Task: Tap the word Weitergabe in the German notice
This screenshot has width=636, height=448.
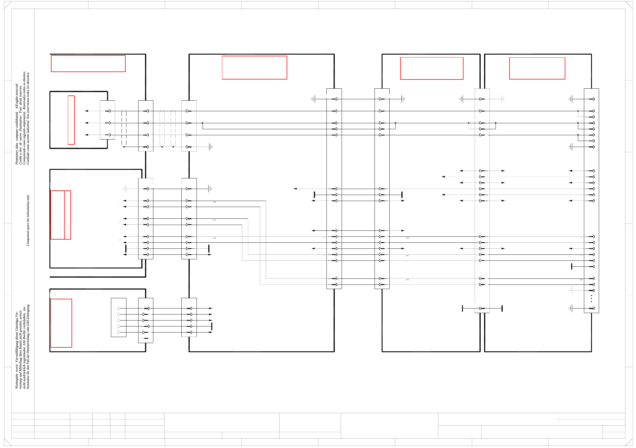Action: (17, 382)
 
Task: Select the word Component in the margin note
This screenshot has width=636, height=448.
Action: (28, 239)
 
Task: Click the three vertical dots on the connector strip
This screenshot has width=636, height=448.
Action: (591, 299)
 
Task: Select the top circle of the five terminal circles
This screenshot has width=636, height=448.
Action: (119, 308)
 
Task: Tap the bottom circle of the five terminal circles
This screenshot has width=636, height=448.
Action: (119, 332)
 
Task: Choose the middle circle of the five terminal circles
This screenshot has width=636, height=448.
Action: (119, 320)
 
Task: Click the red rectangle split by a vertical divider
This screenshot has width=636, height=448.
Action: (61, 215)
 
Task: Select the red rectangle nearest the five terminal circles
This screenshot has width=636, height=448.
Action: (61, 323)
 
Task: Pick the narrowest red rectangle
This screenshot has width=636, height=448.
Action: (71, 120)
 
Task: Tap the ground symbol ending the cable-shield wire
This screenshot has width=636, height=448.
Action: (211, 147)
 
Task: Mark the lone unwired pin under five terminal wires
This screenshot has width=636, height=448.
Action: (146, 339)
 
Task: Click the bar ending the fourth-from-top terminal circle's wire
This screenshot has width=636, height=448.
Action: (212, 326)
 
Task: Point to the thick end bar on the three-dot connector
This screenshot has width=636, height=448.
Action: (572, 266)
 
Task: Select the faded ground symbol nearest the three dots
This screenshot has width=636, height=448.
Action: (571, 290)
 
